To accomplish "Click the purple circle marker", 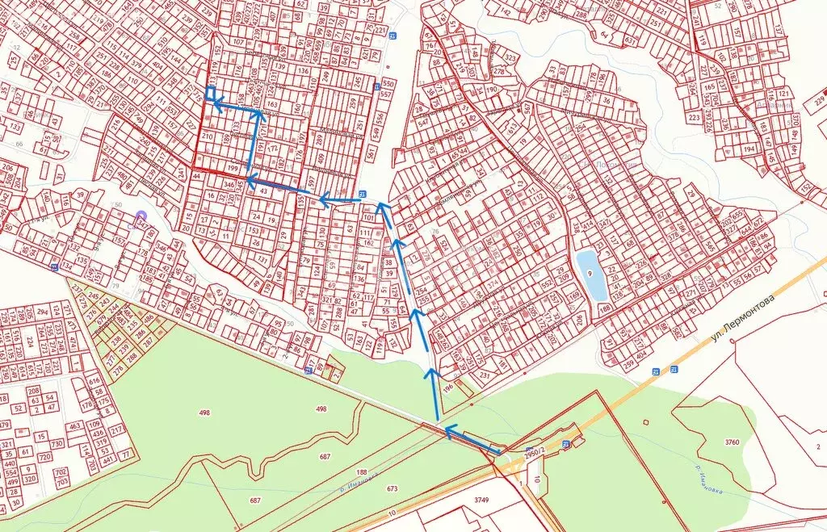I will (141, 216).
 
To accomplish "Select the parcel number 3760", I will (732, 442).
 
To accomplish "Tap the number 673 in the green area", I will (393, 488).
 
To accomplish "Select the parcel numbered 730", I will (57, 444).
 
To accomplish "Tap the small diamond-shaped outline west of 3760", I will (645, 422).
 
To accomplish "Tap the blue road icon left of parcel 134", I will (53, 266).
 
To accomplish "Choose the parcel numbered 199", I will (233, 167).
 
